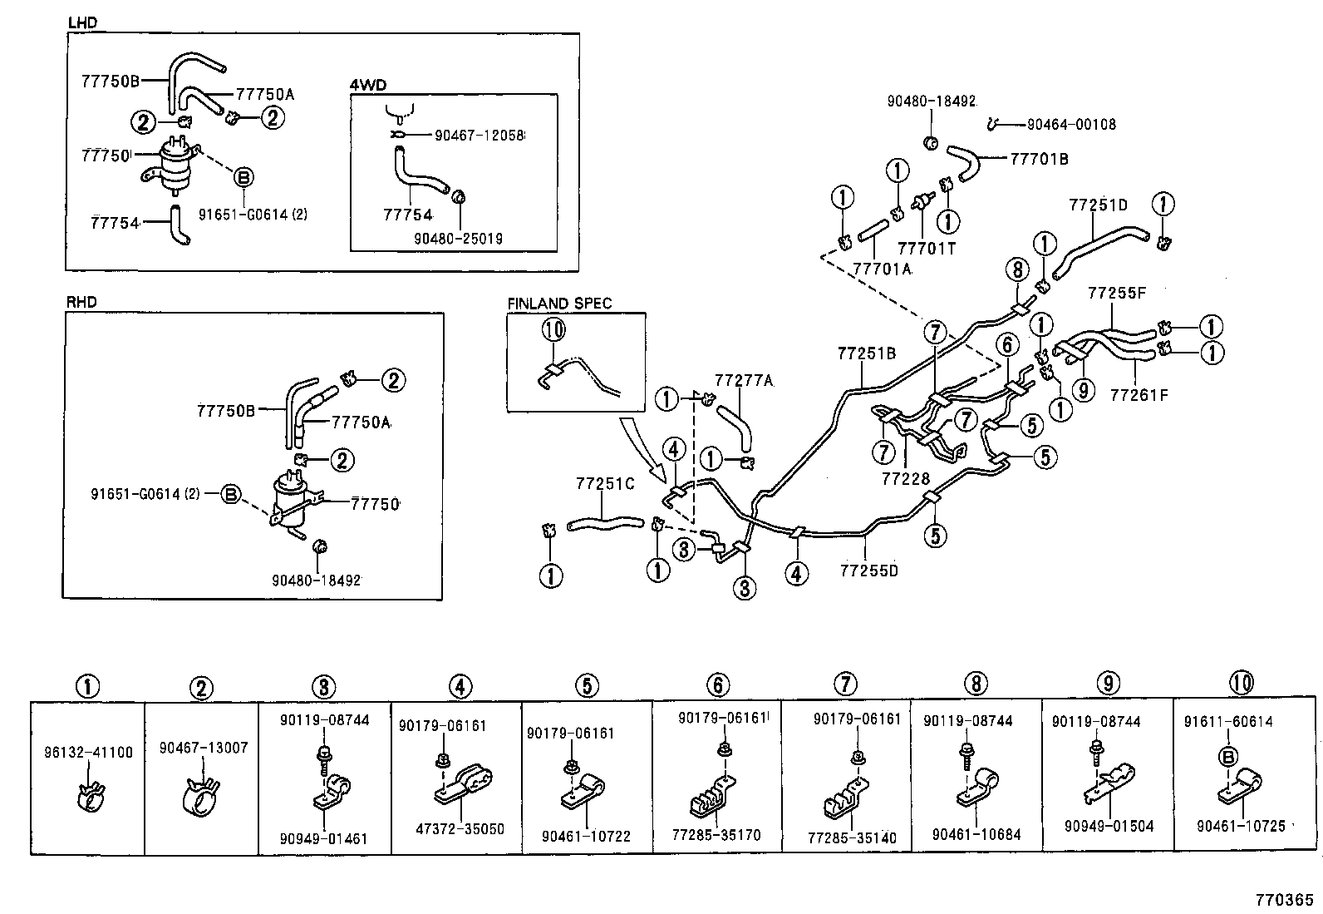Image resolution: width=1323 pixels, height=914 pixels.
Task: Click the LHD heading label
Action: click(82, 22)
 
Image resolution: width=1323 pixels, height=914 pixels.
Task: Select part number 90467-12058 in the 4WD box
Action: click(479, 135)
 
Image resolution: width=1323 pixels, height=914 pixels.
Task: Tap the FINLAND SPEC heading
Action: click(558, 304)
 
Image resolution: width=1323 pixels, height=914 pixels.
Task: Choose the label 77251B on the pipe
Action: click(867, 353)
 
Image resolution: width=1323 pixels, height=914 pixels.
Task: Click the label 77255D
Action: click(869, 571)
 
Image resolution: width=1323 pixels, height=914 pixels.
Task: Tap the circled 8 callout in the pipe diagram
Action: click(1016, 269)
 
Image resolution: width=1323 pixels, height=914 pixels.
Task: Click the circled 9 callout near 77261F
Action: click(1084, 389)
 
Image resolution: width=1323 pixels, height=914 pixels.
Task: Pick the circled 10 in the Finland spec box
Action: click(553, 330)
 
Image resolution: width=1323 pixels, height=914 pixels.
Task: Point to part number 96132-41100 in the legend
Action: click(87, 753)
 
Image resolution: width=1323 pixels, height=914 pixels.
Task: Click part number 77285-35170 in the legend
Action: click(719, 835)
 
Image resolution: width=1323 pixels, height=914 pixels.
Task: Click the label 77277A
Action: click(744, 381)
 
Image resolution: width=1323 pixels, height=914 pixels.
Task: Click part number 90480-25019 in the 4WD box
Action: click(458, 239)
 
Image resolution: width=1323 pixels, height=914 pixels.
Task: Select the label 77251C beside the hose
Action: click(605, 483)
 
